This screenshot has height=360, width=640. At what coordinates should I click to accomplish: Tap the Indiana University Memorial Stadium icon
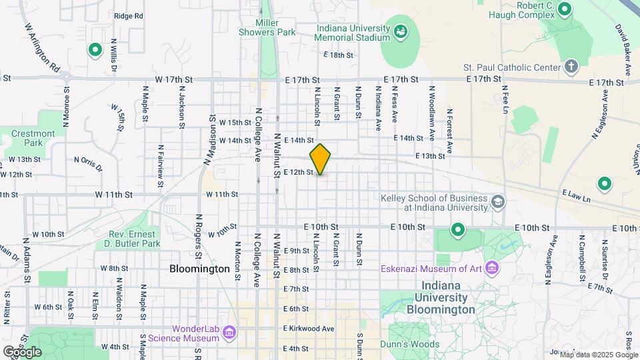point(401,31)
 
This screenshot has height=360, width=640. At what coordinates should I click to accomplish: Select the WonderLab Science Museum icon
point(229,332)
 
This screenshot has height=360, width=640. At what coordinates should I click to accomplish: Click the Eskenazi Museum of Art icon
point(493,269)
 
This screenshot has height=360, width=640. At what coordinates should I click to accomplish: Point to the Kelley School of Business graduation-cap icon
point(497,201)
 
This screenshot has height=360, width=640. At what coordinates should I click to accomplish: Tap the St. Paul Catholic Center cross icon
point(570,67)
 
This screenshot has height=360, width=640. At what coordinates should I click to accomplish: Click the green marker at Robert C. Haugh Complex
point(565,9)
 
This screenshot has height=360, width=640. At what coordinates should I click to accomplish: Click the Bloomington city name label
point(199,269)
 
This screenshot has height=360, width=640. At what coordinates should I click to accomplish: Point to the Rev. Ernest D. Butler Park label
point(134,239)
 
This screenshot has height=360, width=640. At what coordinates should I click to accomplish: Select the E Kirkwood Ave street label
point(308,329)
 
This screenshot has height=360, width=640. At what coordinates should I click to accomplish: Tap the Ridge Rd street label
point(128,15)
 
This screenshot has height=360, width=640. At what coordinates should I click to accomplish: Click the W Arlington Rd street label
point(43,49)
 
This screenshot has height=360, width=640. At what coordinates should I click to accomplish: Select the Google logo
point(22,351)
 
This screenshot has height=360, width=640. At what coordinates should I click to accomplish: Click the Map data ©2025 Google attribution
point(598,355)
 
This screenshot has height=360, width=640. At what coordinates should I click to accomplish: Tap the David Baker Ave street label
point(624,50)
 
